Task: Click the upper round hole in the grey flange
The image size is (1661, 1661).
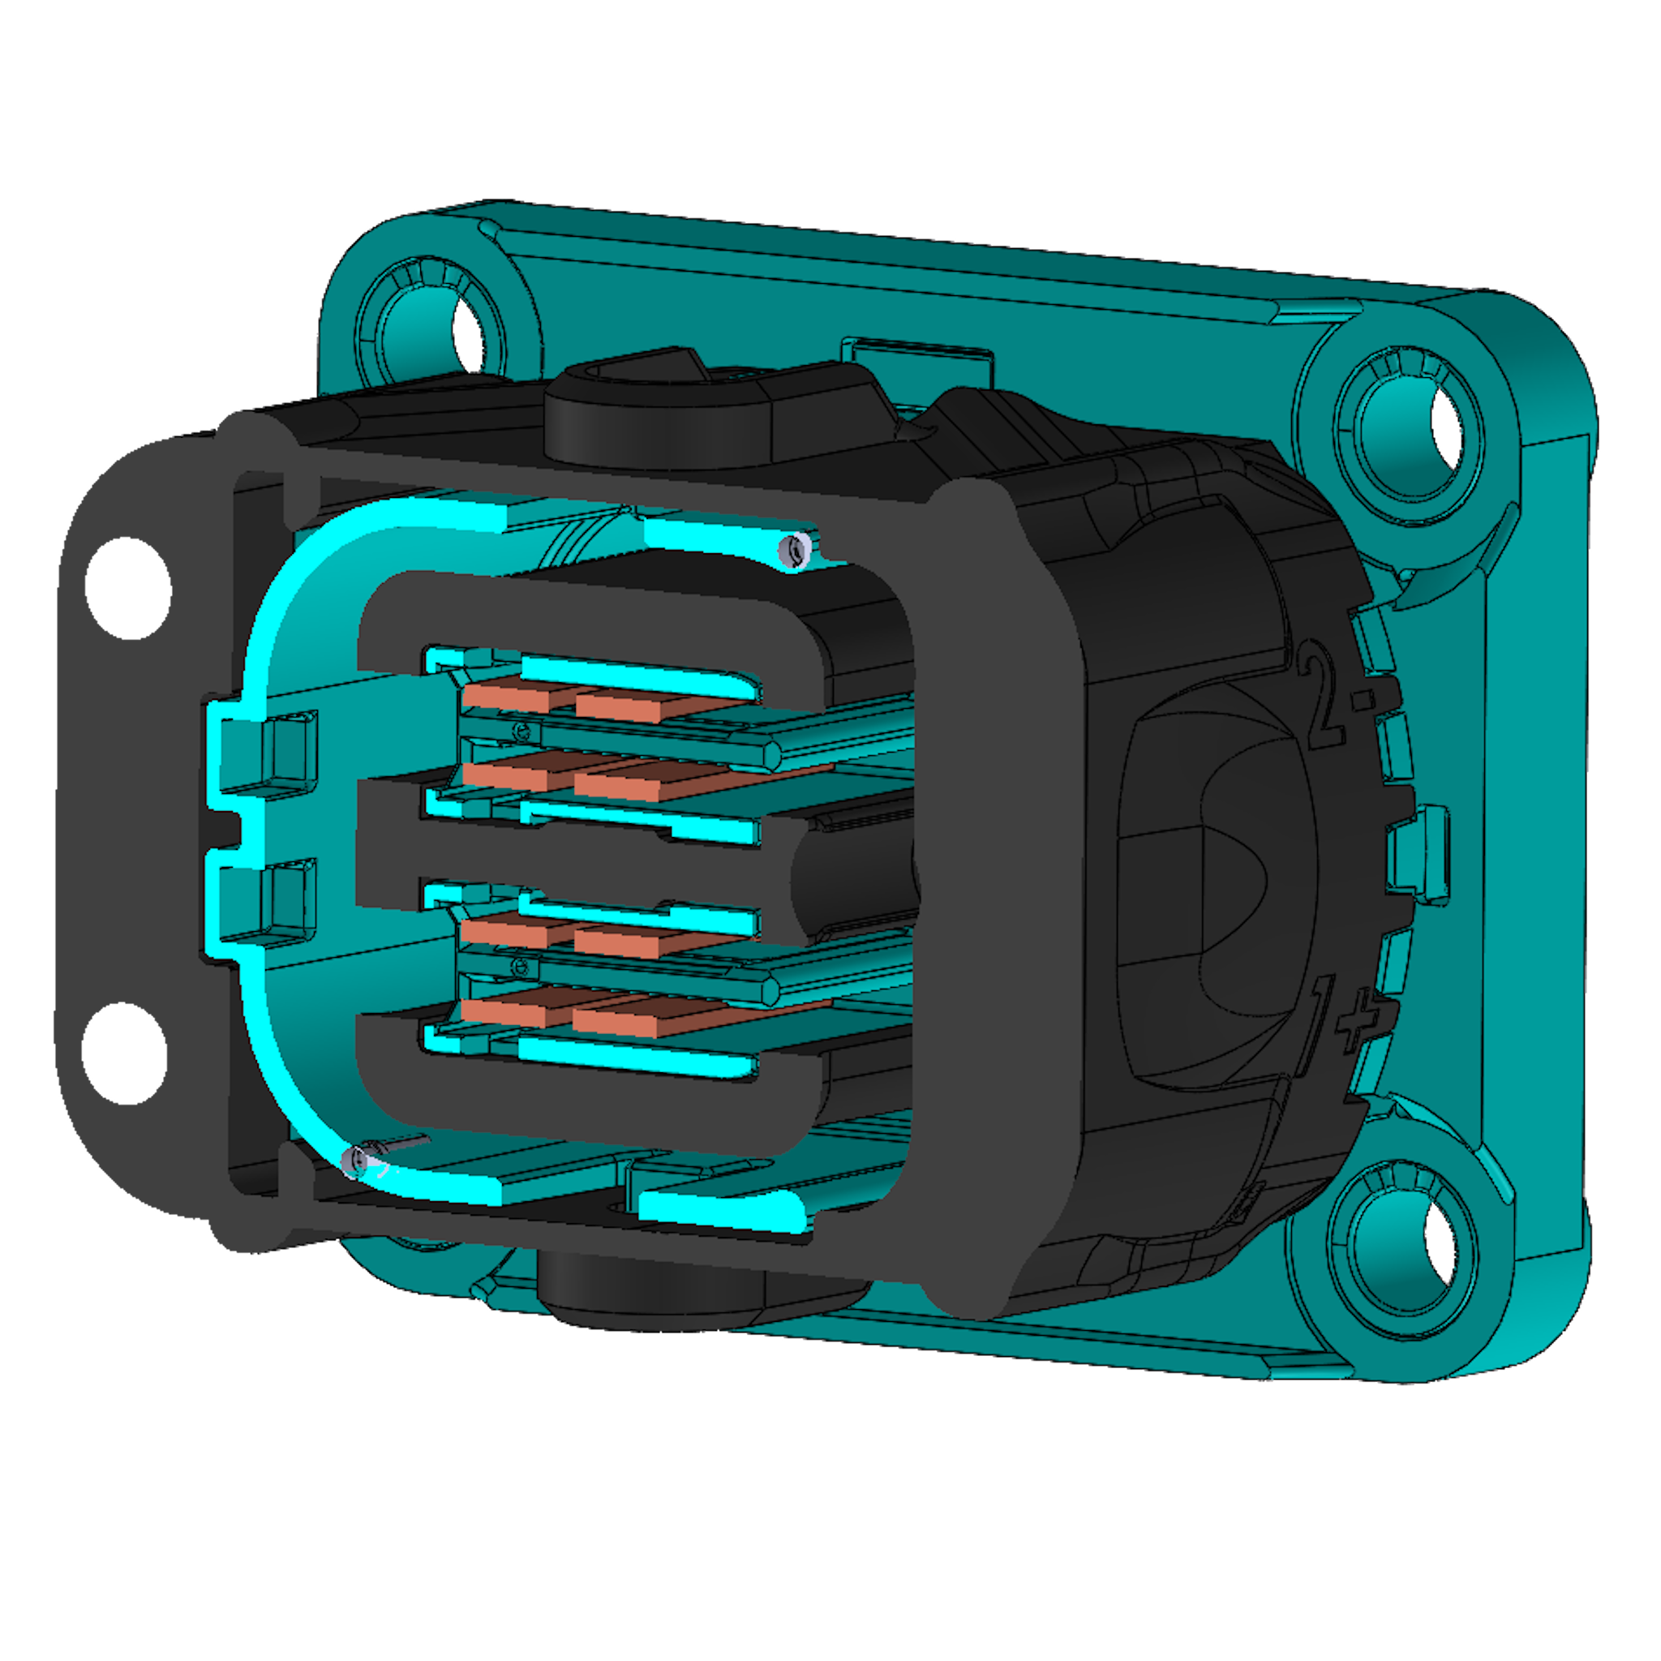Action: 129,588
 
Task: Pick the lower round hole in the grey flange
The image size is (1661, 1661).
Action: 125,1054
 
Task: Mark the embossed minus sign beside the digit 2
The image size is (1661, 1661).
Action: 1362,701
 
